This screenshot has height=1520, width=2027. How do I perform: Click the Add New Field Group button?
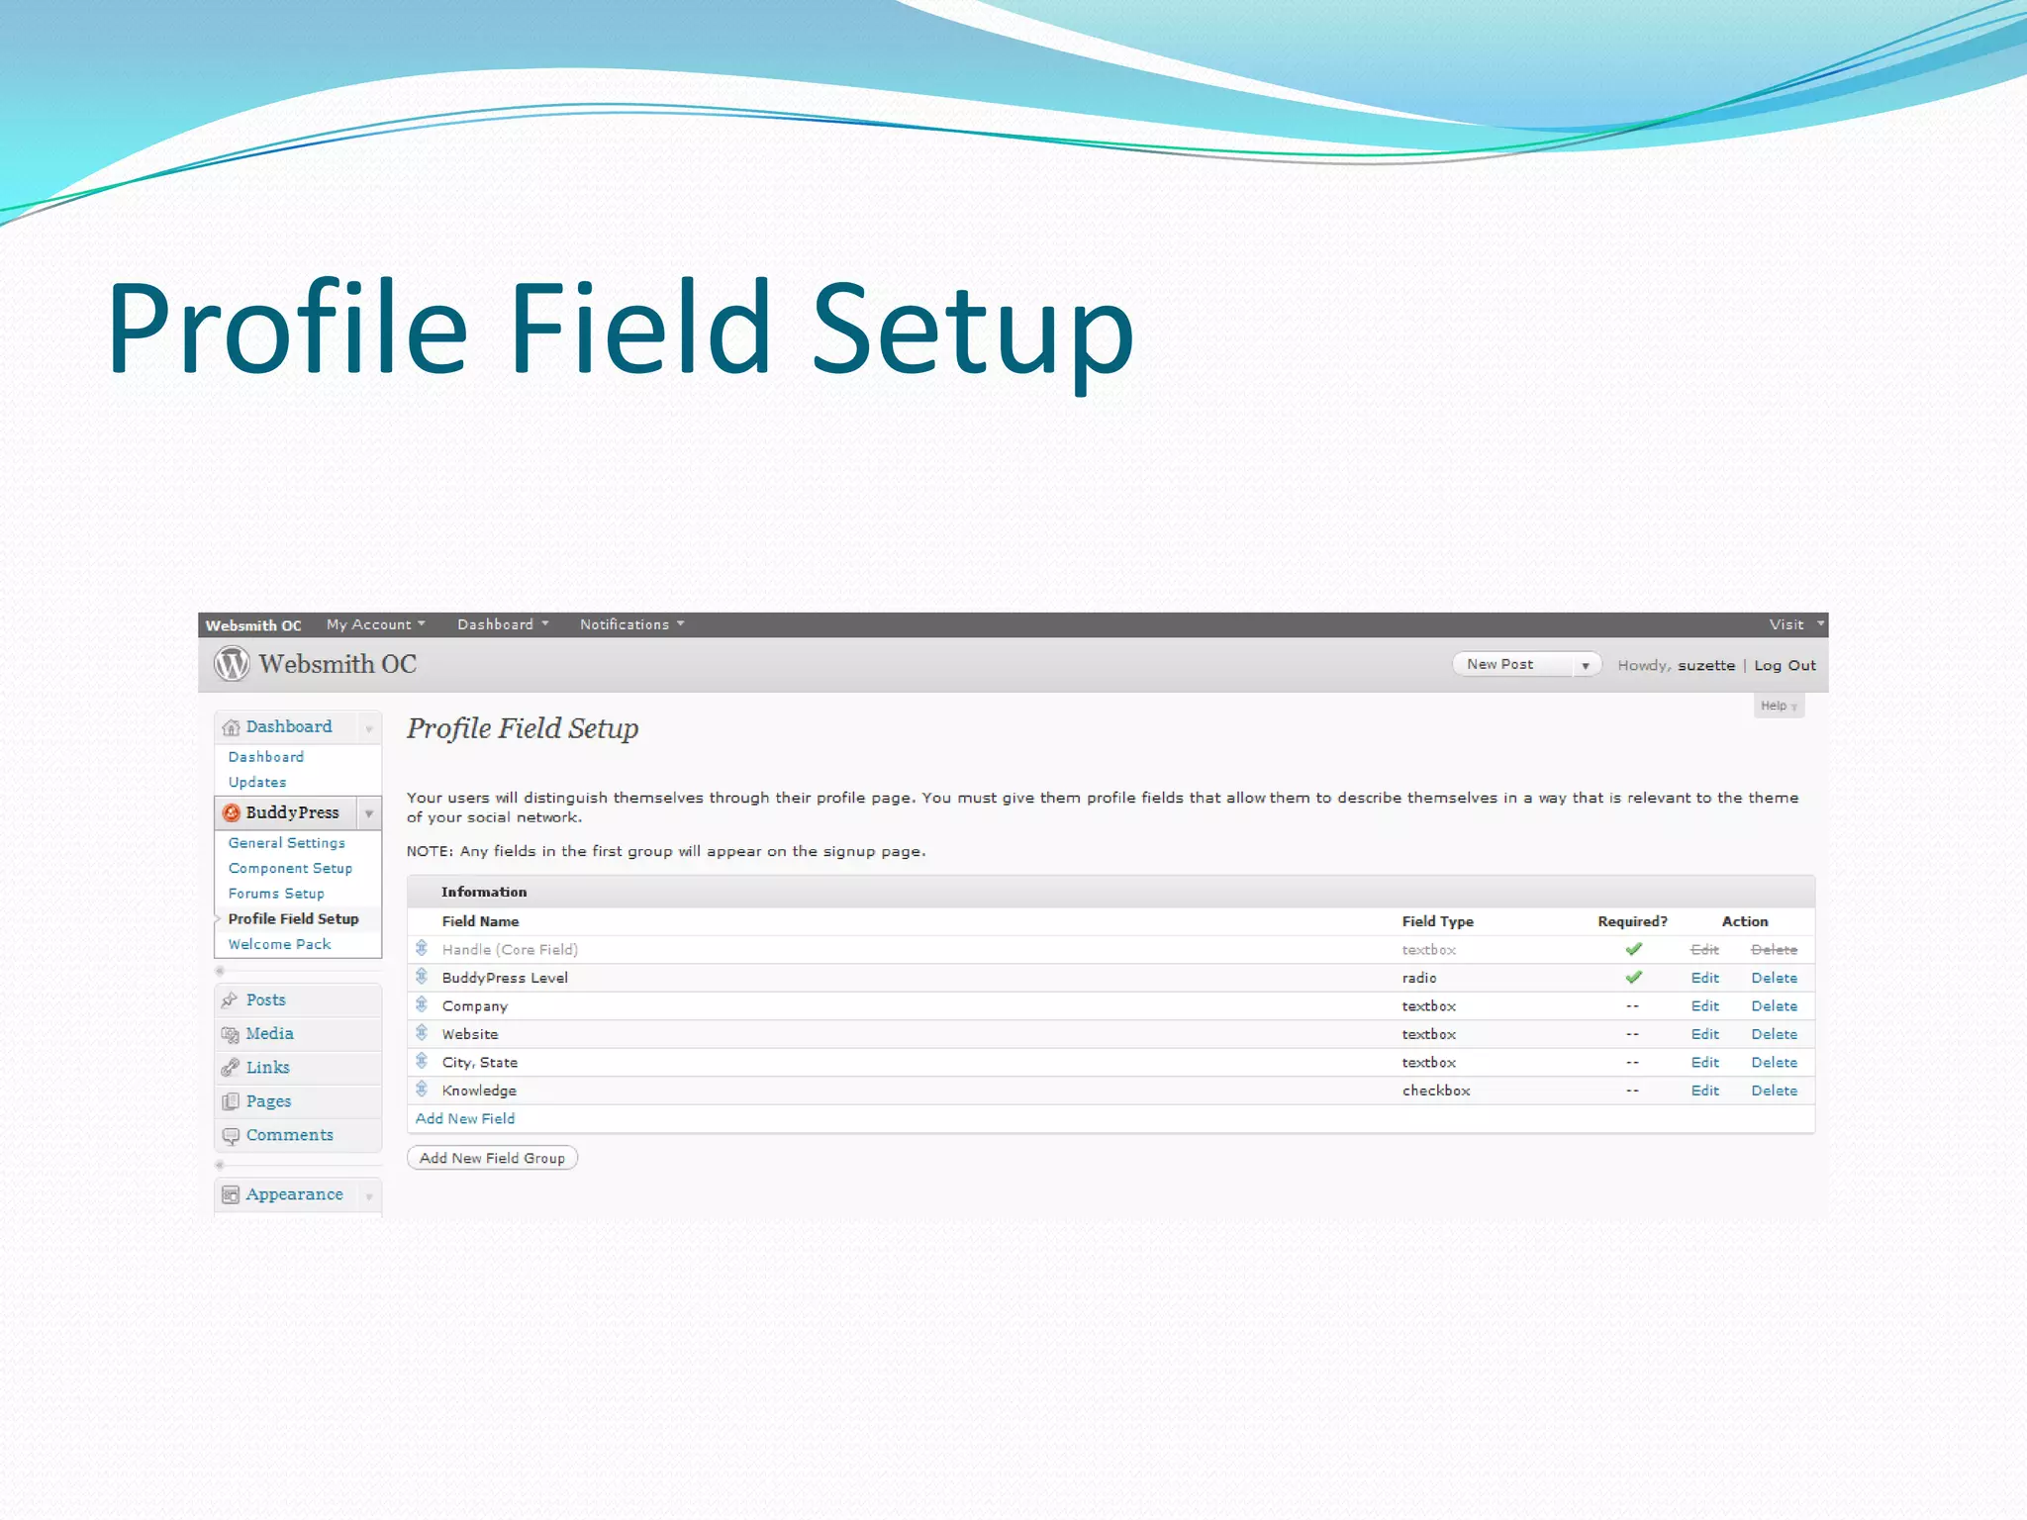pos(492,1158)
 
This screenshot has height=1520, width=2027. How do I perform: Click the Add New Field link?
pos(464,1118)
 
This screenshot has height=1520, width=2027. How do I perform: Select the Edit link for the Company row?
pos(1704,1005)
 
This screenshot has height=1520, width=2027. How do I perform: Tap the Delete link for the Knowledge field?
pos(1774,1091)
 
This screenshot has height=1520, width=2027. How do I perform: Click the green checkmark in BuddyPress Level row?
pos(1633,978)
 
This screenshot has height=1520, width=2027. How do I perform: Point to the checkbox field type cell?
pos(1436,1091)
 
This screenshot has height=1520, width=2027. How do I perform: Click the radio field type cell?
pos(1419,978)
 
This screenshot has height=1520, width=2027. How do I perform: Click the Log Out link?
pos(1785,665)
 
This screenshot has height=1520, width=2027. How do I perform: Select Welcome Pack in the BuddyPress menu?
pos(279,944)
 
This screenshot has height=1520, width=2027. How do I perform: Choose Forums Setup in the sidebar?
pos(276,894)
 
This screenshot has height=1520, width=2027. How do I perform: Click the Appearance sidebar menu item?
pos(294,1194)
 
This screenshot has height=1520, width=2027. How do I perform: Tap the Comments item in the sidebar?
pos(289,1135)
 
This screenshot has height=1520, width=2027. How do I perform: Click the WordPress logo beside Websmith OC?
pos(233,663)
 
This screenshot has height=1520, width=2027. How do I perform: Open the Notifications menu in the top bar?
pos(630,624)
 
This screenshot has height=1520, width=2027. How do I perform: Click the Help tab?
pos(1778,706)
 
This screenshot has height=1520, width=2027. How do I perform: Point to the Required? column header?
pos(1632,921)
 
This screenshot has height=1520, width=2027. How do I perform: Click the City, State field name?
pos(480,1062)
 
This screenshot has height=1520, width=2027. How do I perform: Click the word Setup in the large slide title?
pos(972,329)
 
